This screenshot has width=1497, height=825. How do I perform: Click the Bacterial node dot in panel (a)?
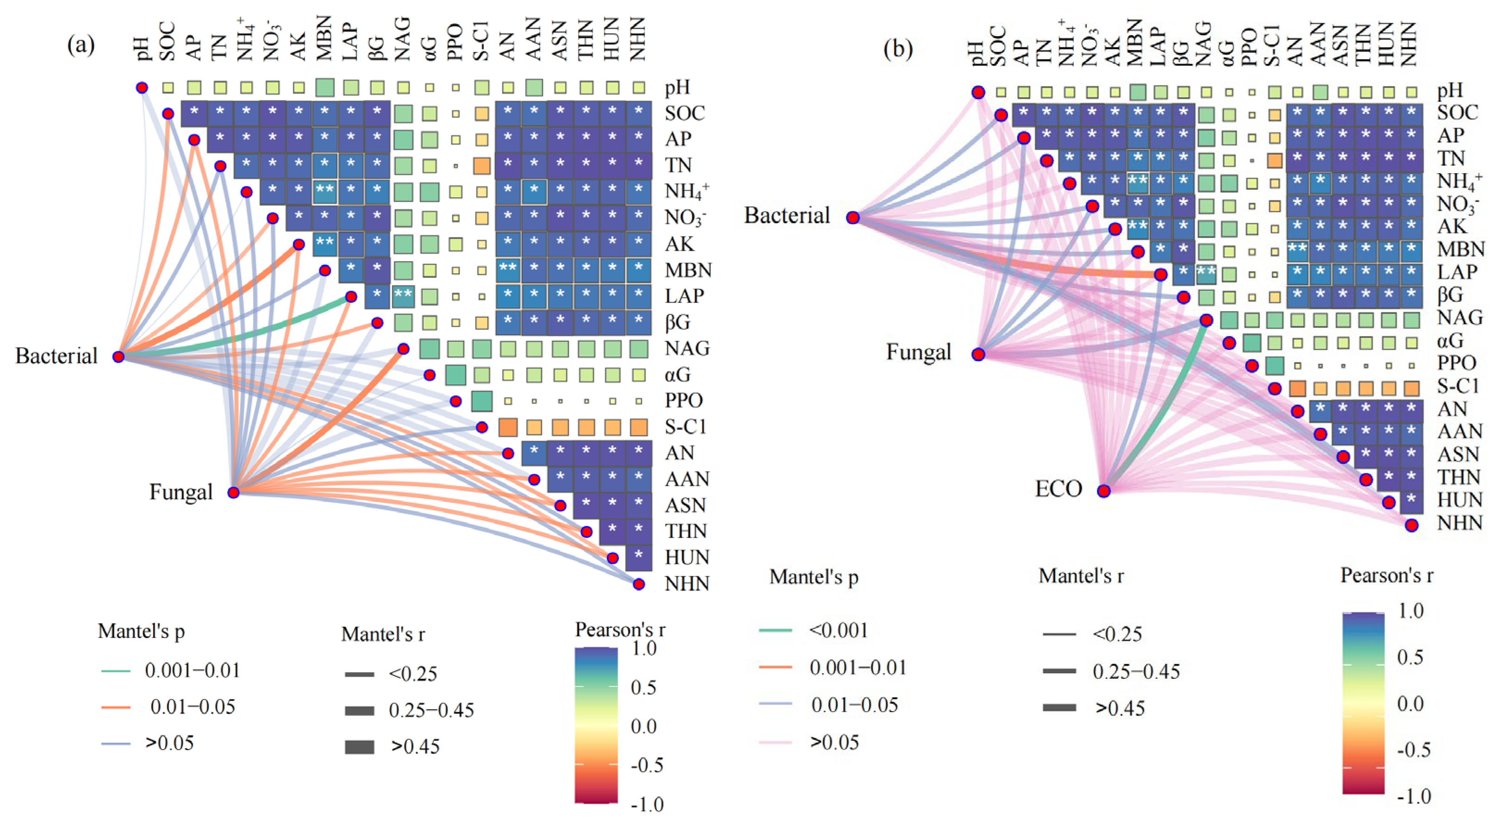coord(119,356)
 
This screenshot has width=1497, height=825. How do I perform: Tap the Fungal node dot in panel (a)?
coord(234,493)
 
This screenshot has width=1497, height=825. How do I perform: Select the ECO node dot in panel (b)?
coord(1103,491)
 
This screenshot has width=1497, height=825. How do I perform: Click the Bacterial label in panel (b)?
coord(787,216)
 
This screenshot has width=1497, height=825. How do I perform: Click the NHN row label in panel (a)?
coord(687,583)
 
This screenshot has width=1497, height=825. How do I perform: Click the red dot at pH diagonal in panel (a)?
coord(142,87)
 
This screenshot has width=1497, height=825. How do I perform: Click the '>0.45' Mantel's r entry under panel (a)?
coord(415,747)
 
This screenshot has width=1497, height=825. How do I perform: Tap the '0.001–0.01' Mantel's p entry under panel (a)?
coord(192,670)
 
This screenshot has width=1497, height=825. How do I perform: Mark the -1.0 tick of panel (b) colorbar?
coord(1414,796)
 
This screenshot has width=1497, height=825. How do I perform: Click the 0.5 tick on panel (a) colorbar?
coord(643,688)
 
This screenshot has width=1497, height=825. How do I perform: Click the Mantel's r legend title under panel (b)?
coord(1081,576)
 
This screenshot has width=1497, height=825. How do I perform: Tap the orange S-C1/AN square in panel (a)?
coord(508,428)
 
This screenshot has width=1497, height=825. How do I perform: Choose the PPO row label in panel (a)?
coord(683,400)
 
